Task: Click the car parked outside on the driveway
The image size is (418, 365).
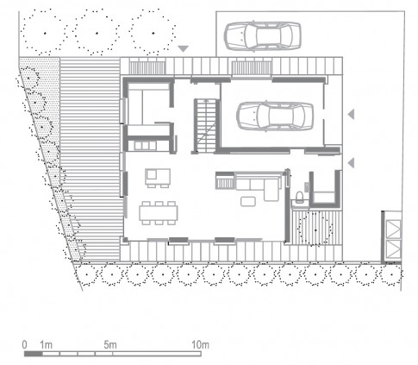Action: click(x=262, y=36)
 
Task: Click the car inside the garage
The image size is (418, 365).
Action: click(x=275, y=116)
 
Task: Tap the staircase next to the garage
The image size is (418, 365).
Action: click(x=205, y=126)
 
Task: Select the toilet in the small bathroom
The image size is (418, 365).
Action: click(x=299, y=197)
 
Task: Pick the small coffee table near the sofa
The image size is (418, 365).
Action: click(x=248, y=201)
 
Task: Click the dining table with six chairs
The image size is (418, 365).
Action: click(x=159, y=213)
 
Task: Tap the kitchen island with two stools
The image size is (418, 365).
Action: click(x=158, y=178)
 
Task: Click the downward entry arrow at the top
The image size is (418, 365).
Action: click(x=183, y=48)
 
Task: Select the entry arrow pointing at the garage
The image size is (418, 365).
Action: click(x=351, y=114)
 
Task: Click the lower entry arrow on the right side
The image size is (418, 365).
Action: click(x=351, y=163)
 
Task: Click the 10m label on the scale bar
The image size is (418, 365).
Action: click(x=200, y=344)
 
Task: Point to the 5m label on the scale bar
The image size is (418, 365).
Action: click(x=110, y=344)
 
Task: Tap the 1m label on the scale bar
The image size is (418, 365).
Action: click(x=46, y=344)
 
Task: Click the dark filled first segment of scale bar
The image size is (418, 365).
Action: click(x=33, y=354)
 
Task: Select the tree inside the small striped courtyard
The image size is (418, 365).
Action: click(x=315, y=230)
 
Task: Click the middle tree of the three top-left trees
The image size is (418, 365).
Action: click(x=97, y=33)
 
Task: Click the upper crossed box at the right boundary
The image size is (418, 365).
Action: click(x=393, y=230)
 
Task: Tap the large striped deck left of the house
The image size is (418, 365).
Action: click(x=90, y=159)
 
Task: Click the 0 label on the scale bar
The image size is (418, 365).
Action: click(x=25, y=344)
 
